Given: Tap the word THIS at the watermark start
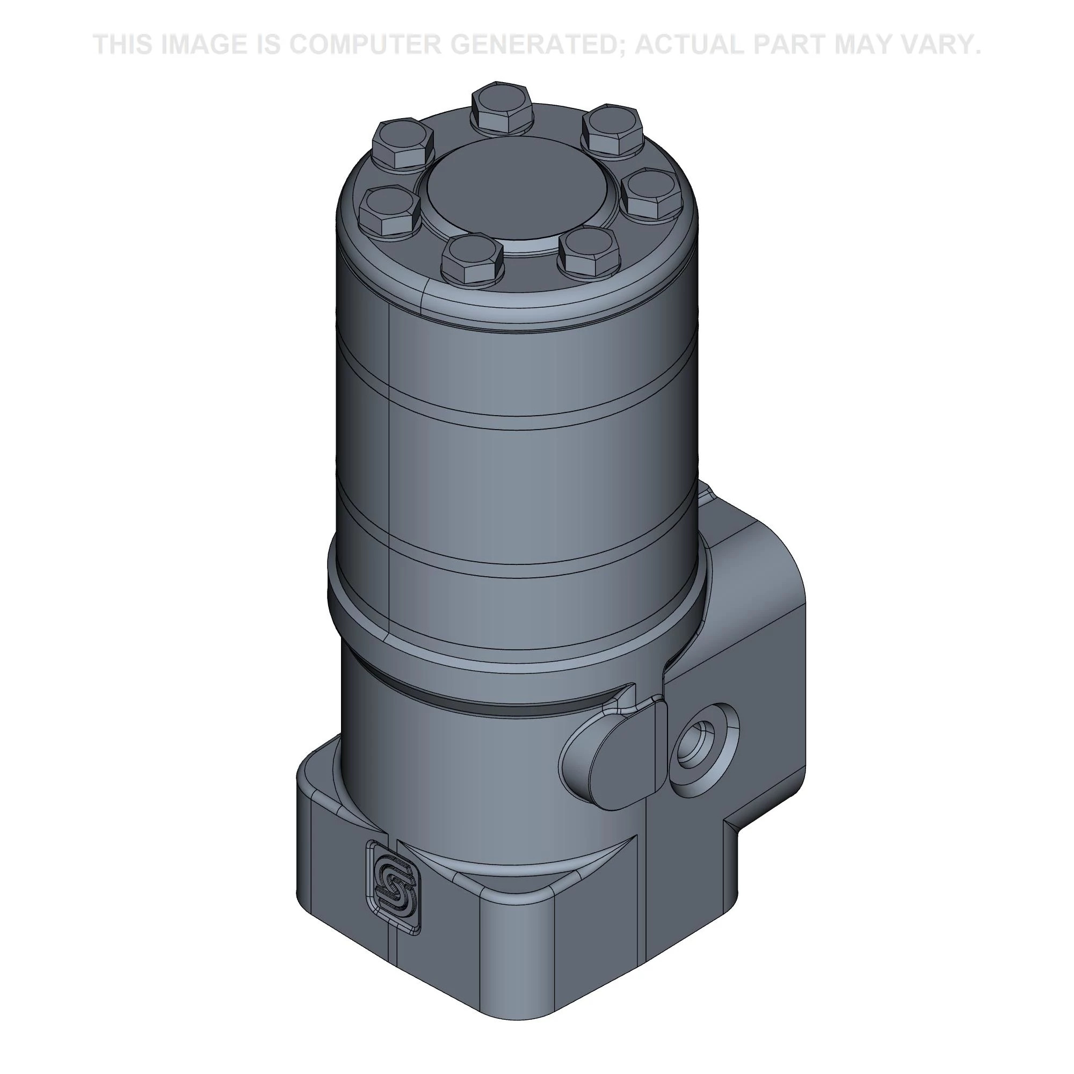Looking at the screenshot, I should (x=124, y=45).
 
